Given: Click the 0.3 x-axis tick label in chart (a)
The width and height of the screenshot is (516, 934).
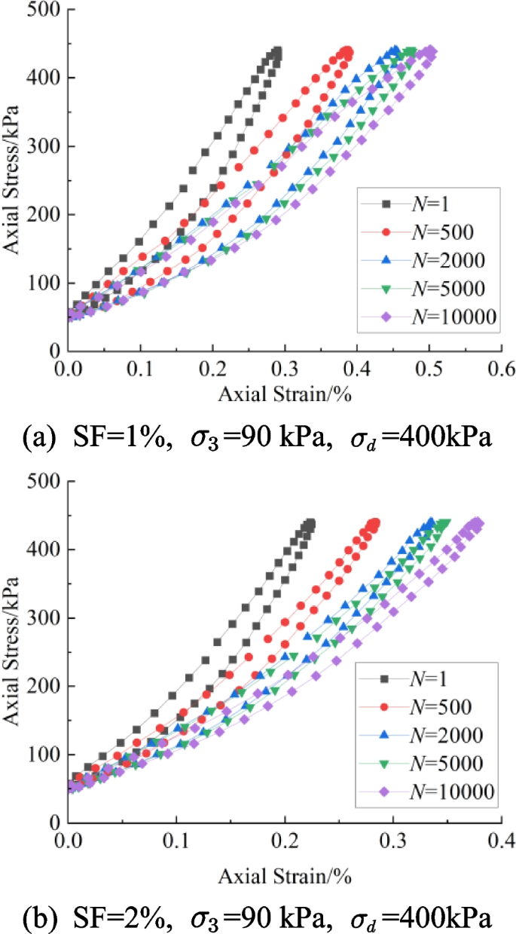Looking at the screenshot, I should click(285, 370).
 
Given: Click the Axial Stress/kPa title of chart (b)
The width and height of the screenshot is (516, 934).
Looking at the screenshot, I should click(14, 652).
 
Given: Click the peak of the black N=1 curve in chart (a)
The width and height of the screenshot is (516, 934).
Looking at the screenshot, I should click(277, 51).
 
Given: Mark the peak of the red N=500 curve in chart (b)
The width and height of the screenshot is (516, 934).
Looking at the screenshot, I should click(374, 522).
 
